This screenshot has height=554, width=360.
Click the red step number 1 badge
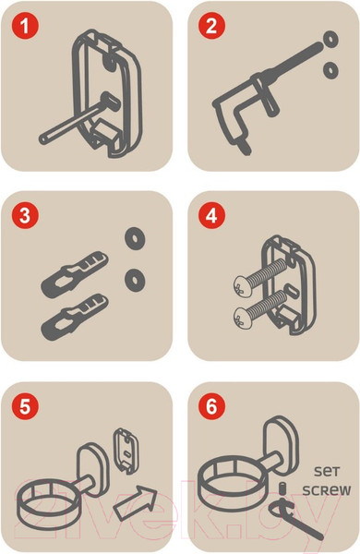point(25,26)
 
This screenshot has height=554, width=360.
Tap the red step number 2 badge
point(211,26)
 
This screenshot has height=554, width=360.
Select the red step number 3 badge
point(25,215)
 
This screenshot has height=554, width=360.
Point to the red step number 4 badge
point(211,215)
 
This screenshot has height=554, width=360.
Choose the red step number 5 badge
point(25,406)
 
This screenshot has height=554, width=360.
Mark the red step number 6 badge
point(211,406)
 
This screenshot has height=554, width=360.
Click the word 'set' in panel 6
point(327,471)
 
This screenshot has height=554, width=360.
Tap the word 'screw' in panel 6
point(327,490)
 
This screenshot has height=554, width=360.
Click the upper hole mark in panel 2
point(330,39)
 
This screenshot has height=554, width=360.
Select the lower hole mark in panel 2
point(330,71)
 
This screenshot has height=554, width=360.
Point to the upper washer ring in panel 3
point(135,238)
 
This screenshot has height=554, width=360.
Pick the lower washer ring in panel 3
point(135,280)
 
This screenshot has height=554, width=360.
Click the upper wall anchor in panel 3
point(75,274)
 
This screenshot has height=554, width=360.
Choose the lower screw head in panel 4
point(243,318)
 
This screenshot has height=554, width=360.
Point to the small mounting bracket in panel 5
point(126,452)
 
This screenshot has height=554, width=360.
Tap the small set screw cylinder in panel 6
point(282,488)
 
